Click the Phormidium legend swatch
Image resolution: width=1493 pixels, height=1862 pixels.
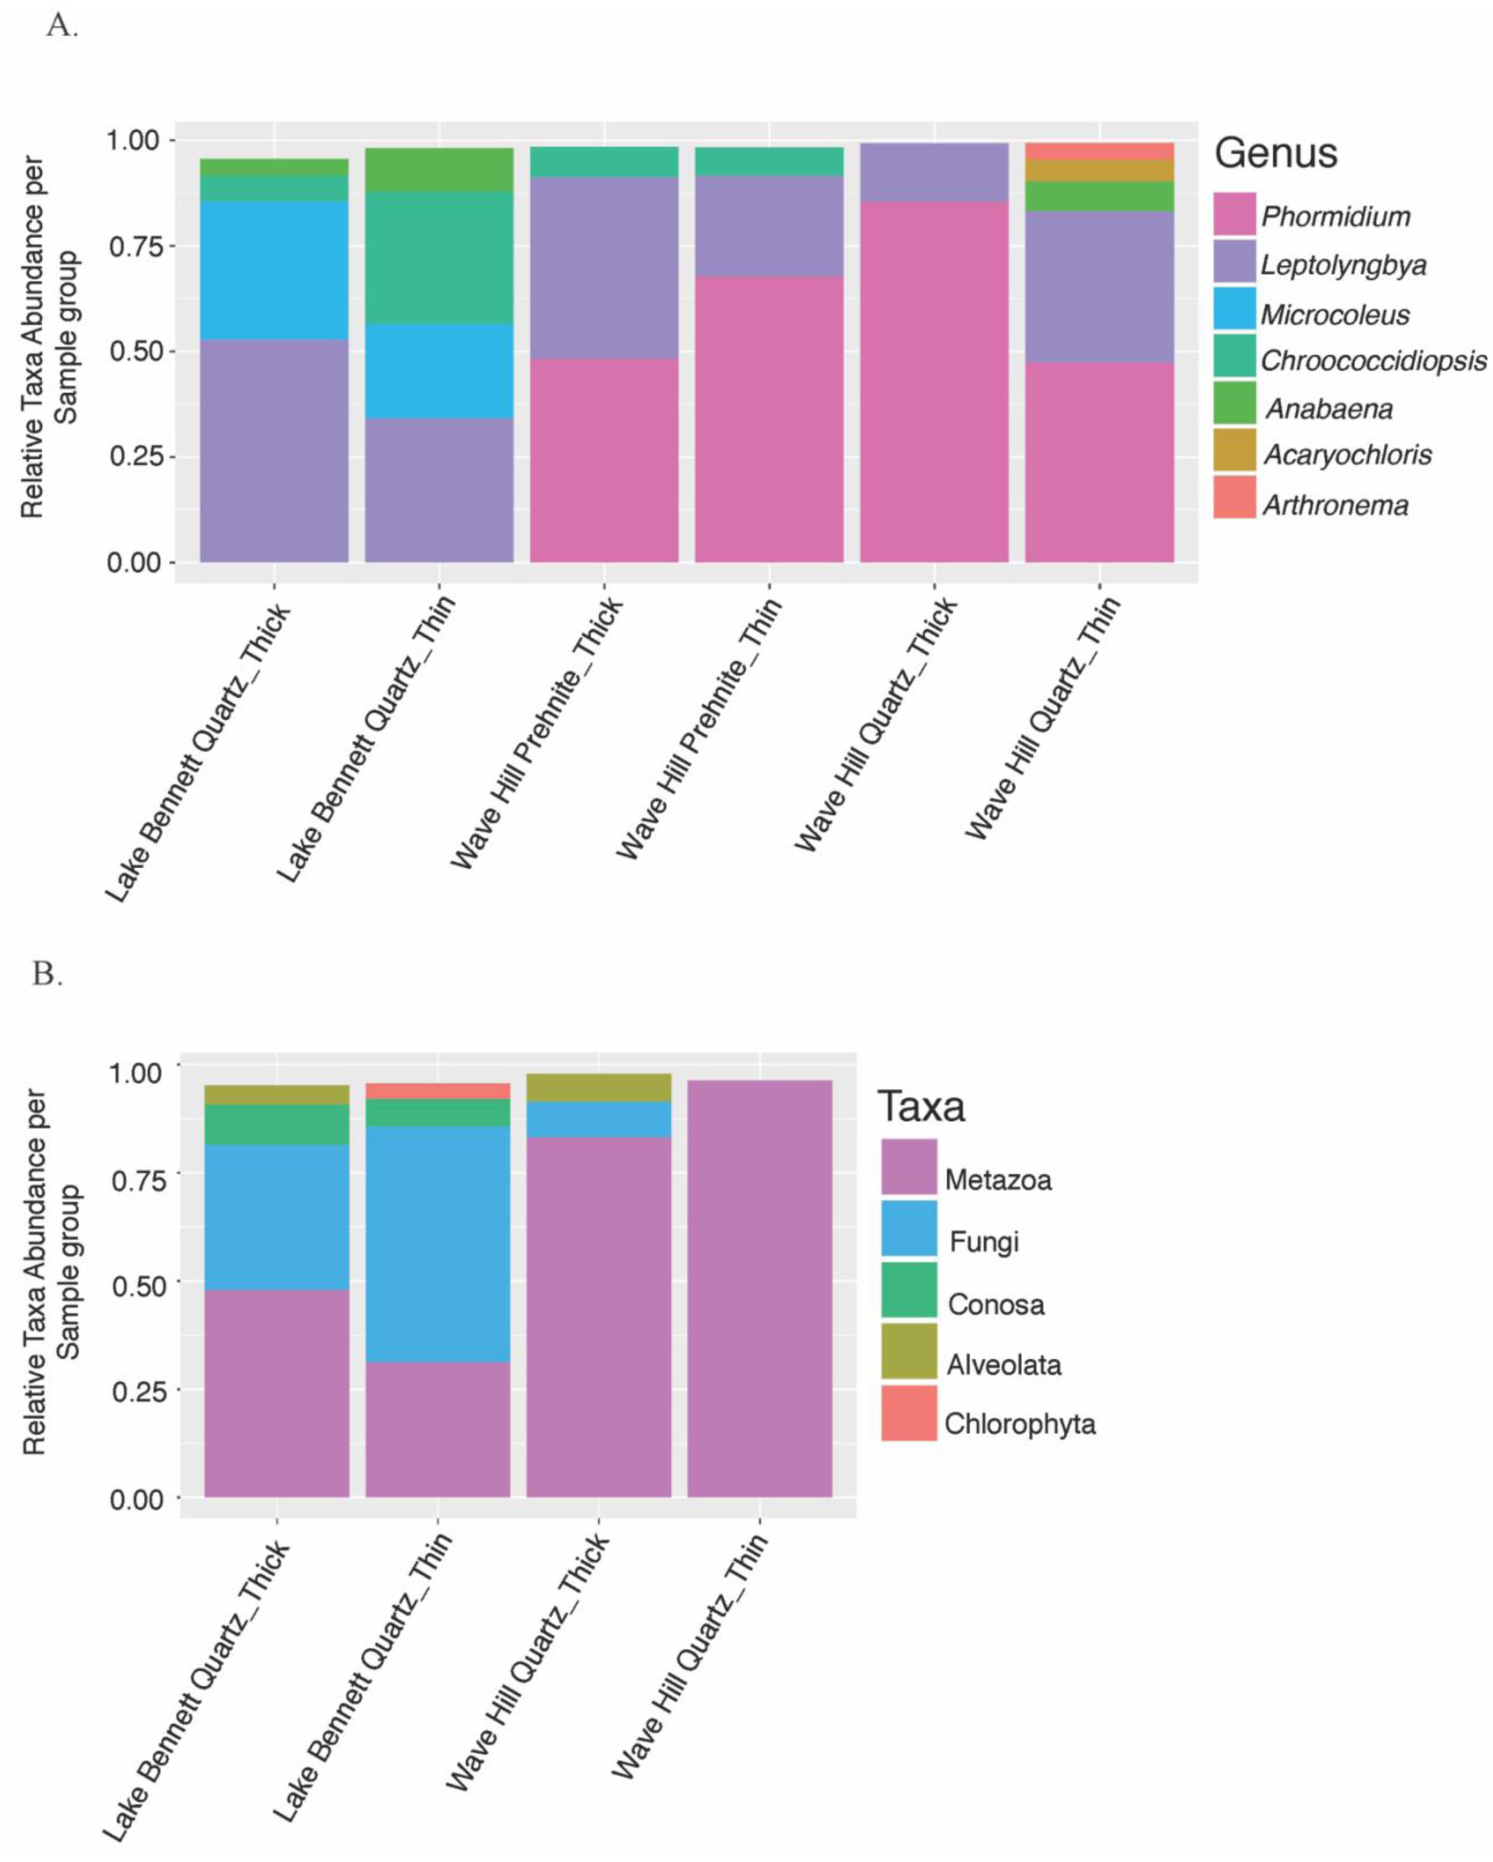[1233, 214]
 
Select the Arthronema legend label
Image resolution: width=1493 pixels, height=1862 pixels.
[1335, 505]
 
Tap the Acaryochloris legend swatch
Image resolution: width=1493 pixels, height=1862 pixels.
[1233, 451]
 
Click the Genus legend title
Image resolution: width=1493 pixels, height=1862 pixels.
[1275, 154]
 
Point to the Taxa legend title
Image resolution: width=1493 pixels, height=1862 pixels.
[920, 1106]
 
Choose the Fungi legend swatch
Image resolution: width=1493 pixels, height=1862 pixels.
[908, 1227]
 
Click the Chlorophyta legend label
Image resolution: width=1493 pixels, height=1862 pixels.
[1019, 1423]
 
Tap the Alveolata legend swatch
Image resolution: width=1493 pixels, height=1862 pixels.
[908, 1351]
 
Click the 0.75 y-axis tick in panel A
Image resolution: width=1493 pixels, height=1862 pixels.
[140, 247]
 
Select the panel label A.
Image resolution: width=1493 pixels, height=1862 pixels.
[61, 26]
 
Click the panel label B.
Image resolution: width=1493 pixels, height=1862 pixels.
[46, 973]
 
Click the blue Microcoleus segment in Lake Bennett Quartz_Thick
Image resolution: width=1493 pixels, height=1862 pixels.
[273, 270]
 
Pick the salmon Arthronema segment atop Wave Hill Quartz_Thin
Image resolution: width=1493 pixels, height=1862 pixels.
[1099, 151]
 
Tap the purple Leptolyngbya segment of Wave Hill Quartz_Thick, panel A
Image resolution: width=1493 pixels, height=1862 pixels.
[934, 172]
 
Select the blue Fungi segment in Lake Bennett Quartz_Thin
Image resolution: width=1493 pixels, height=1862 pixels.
[437, 1244]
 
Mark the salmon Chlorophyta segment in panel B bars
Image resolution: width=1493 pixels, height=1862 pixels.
[437, 1091]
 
